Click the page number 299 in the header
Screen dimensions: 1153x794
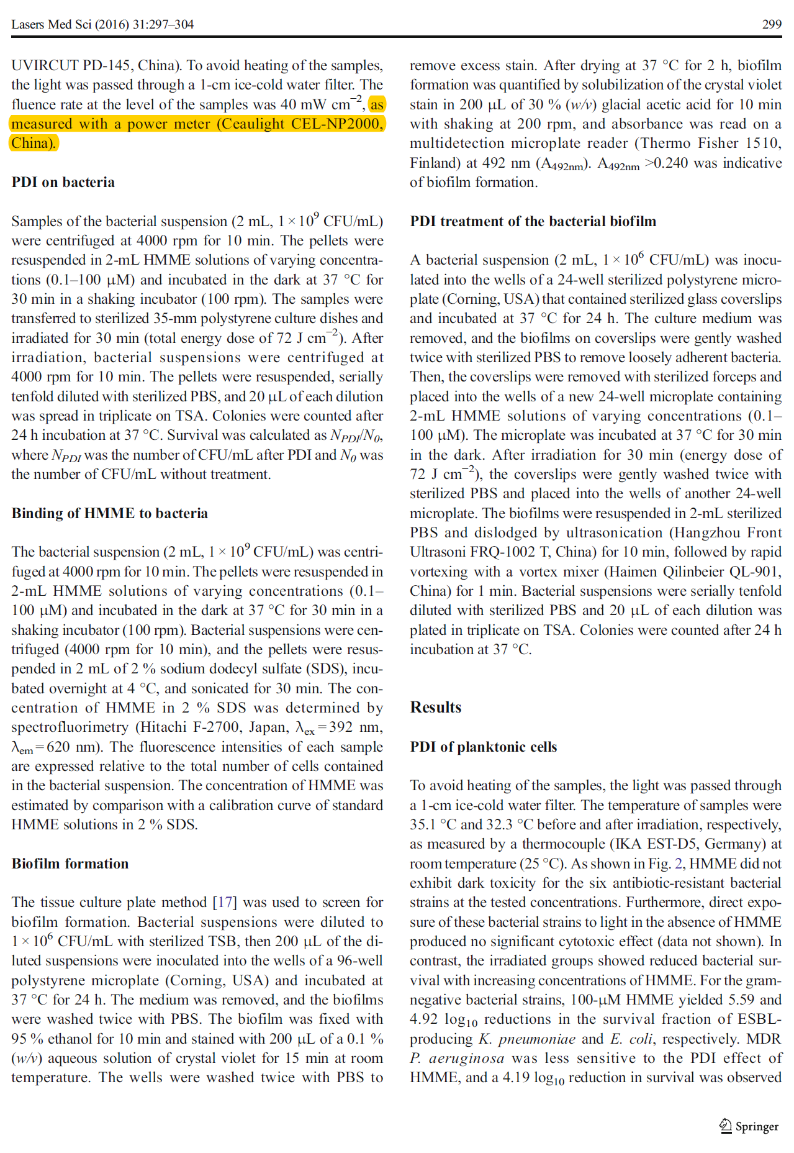(x=771, y=24)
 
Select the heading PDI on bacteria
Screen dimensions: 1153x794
(x=63, y=182)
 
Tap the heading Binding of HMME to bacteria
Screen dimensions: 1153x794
(x=109, y=513)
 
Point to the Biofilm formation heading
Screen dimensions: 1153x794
(x=70, y=864)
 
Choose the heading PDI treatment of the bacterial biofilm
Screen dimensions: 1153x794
(x=533, y=221)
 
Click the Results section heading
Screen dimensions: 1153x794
(x=435, y=708)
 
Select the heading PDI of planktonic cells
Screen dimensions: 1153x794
(x=483, y=747)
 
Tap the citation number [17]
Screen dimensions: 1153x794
(x=224, y=902)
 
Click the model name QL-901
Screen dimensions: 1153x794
(x=756, y=572)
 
